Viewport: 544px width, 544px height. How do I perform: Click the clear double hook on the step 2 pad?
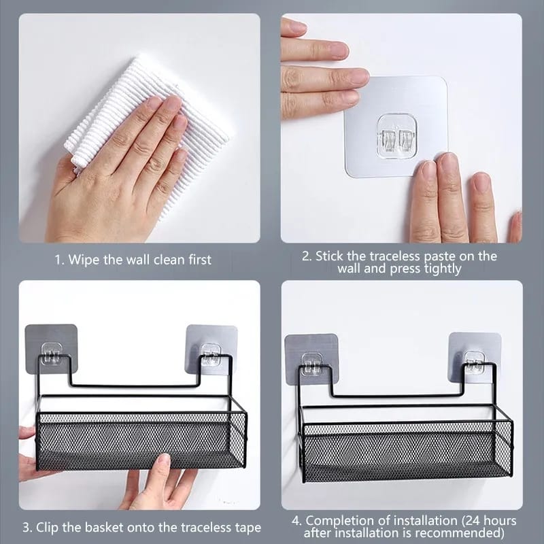click(398, 136)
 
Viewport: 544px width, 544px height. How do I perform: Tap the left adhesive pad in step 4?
click(311, 357)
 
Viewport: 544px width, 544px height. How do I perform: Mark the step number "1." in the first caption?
click(60, 260)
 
